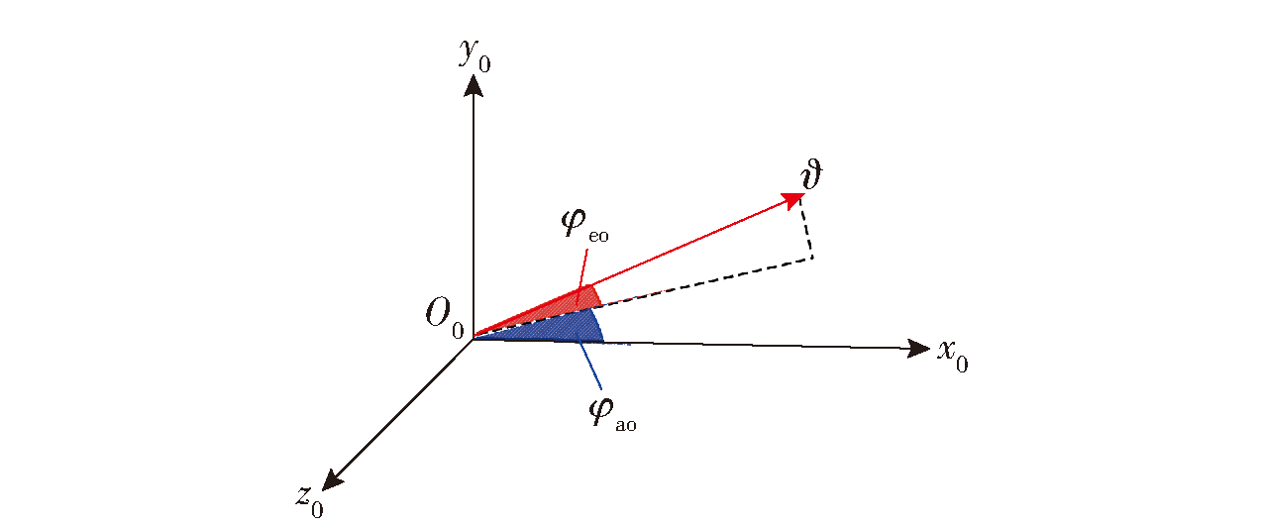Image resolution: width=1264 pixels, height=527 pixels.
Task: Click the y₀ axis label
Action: pyautogui.click(x=474, y=55)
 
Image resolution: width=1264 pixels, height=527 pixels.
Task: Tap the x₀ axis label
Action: pyautogui.click(x=953, y=356)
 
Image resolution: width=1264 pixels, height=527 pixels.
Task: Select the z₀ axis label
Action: pyautogui.click(x=310, y=501)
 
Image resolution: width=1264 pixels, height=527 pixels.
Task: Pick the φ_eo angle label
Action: pyautogui.click(x=585, y=226)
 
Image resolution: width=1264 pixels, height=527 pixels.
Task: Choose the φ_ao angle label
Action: pyautogui.click(x=612, y=415)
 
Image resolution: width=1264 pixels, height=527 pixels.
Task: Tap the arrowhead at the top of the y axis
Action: pyautogui.click(x=473, y=86)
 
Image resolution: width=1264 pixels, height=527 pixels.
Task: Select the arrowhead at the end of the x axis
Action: pyautogui.click(x=918, y=348)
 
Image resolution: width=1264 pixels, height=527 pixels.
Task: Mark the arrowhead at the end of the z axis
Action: pyautogui.click(x=332, y=480)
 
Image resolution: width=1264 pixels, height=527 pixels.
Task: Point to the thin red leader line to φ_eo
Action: pyautogui.click(x=581, y=277)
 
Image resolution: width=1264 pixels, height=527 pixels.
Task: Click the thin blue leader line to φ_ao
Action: pyautogui.click(x=589, y=365)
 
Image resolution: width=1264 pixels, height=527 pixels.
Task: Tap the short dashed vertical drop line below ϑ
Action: pyautogui.click(x=807, y=229)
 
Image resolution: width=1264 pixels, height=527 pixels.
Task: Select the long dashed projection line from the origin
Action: pyautogui.click(x=643, y=298)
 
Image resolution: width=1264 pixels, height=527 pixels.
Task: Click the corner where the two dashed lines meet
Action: pyautogui.click(x=812, y=258)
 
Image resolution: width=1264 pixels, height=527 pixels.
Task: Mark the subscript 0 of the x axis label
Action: pyautogui.click(x=962, y=365)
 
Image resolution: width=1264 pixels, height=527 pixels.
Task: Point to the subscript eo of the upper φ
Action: pyautogui.click(x=598, y=236)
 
